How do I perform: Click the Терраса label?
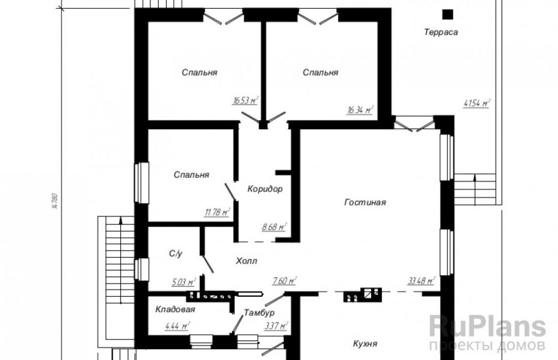click(x=440, y=32)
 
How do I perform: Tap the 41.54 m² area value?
click(x=477, y=103)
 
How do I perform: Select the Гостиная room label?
click(x=365, y=203)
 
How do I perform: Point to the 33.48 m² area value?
click(x=421, y=280)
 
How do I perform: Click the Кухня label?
click(x=365, y=344)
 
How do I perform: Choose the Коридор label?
click(x=265, y=189)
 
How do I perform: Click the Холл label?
click(x=247, y=261)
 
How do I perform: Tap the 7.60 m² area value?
click(x=284, y=281)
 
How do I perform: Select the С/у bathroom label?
click(x=176, y=254)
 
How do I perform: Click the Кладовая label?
click(x=175, y=309)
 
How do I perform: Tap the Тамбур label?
click(x=259, y=313)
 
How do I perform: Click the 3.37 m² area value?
click(x=276, y=326)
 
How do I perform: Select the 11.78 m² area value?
click(x=217, y=213)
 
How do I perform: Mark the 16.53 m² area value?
click(x=245, y=100)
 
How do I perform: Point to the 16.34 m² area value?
click(x=360, y=109)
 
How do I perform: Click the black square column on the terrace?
click(x=448, y=14)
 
